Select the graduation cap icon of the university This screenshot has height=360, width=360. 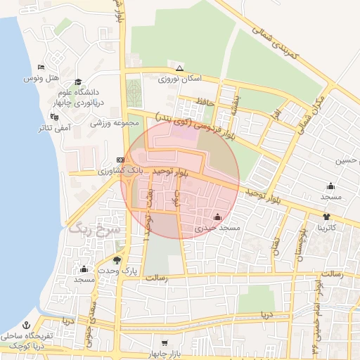point(78,82)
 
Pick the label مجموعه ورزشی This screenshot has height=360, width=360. point(112,123)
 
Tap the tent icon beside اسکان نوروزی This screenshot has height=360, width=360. point(179,68)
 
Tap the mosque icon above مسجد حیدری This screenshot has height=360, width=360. point(217,217)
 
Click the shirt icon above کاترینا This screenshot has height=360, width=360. point(326,217)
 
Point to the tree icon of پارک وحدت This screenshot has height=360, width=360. point(126,259)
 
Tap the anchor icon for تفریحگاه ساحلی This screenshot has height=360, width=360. point(26,326)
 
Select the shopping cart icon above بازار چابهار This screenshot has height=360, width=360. point(165,342)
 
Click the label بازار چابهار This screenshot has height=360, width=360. point(165,353)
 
